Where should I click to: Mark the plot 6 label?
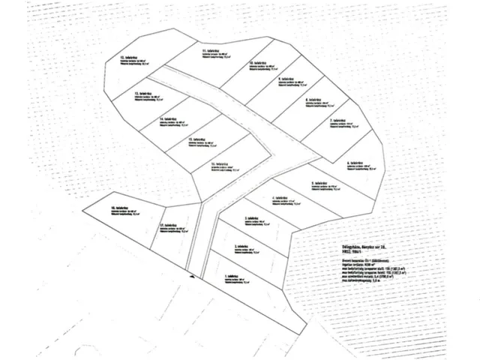[x=358, y=163]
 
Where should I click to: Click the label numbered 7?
[x=341, y=120]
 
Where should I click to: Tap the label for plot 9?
[x=289, y=78]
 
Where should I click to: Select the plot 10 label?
[x=259, y=63]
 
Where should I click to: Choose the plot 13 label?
[x=197, y=140]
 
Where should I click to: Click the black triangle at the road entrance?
[x=193, y=276]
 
